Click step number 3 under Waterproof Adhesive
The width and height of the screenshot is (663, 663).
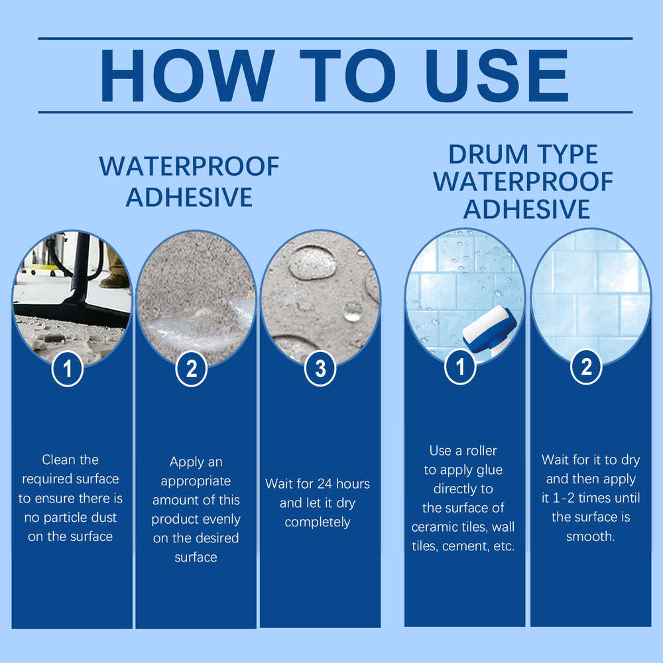click(x=320, y=369)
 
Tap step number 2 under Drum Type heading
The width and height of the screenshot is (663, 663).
click(x=586, y=368)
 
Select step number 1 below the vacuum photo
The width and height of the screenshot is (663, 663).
click(x=67, y=369)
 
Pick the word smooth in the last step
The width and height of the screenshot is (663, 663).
click(x=590, y=536)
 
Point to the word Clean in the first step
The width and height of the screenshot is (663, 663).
click(x=61, y=459)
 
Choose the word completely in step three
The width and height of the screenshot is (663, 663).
click(x=318, y=522)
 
